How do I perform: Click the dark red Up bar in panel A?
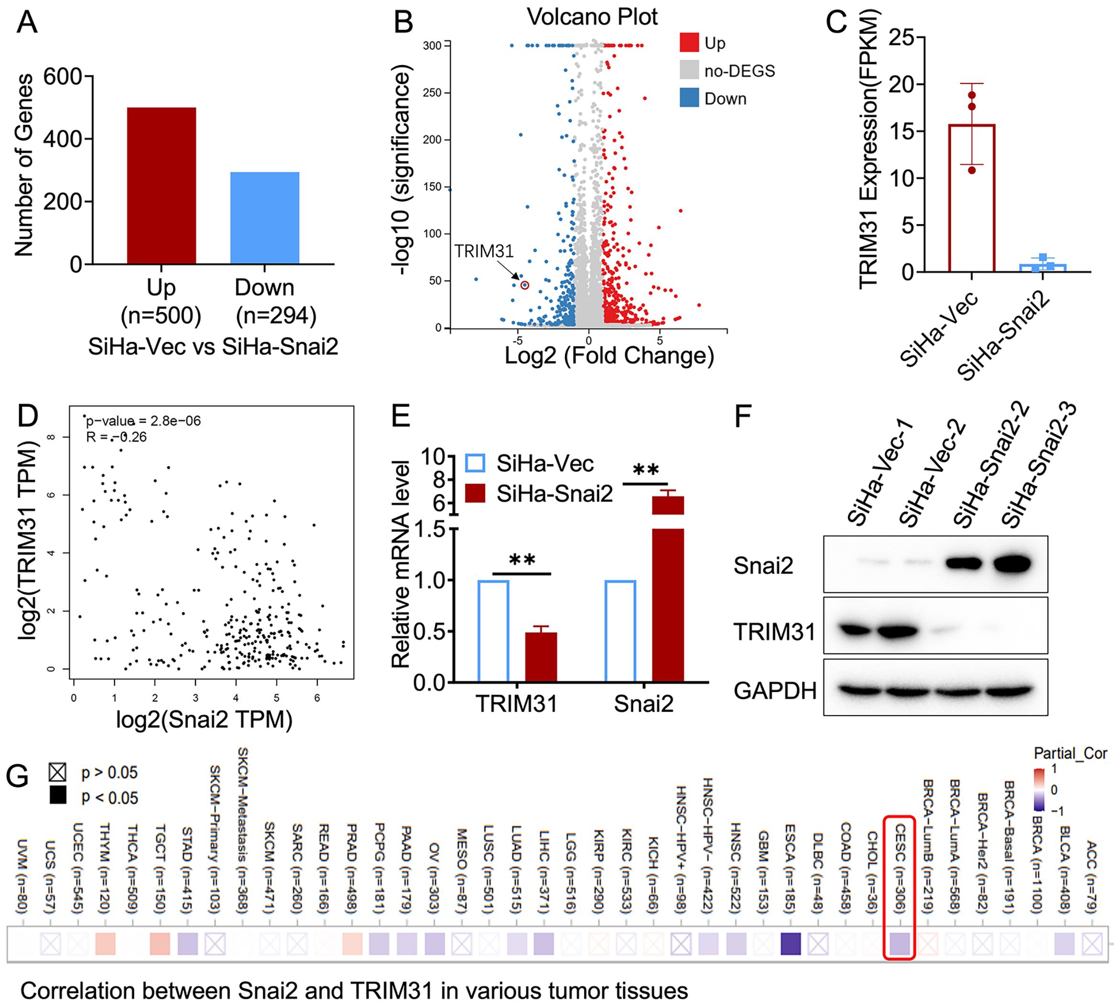pyautogui.click(x=161, y=185)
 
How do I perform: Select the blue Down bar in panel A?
pyautogui.click(x=265, y=218)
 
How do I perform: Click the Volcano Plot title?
pyautogui.click(x=592, y=17)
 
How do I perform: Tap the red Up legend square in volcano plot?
pyautogui.click(x=689, y=43)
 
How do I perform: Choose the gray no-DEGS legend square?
pyautogui.click(x=689, y=70)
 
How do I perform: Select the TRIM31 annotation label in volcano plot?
pyautogui.click(x=484, y=251)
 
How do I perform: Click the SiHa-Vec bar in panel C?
pyautogui.click(x=972, y=198)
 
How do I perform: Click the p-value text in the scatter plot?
pyautogui.click(x=143, y=420)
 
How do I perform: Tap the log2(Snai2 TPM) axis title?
pyautogui.click(x=204, y=719)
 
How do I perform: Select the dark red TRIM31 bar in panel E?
pyautogui.click(x=541, y=657)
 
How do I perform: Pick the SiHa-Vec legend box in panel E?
pyautogui.click(x=475, y=463)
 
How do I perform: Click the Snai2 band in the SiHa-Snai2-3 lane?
pyautogui.click(x=1012, y=564)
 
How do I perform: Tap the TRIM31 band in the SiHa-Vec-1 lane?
pyautogui.click(x=857, y=630)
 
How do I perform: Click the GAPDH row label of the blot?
pyautogui.click(x=775, y=690)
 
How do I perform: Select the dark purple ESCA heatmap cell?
pyautogui.click(x=791, y=944)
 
